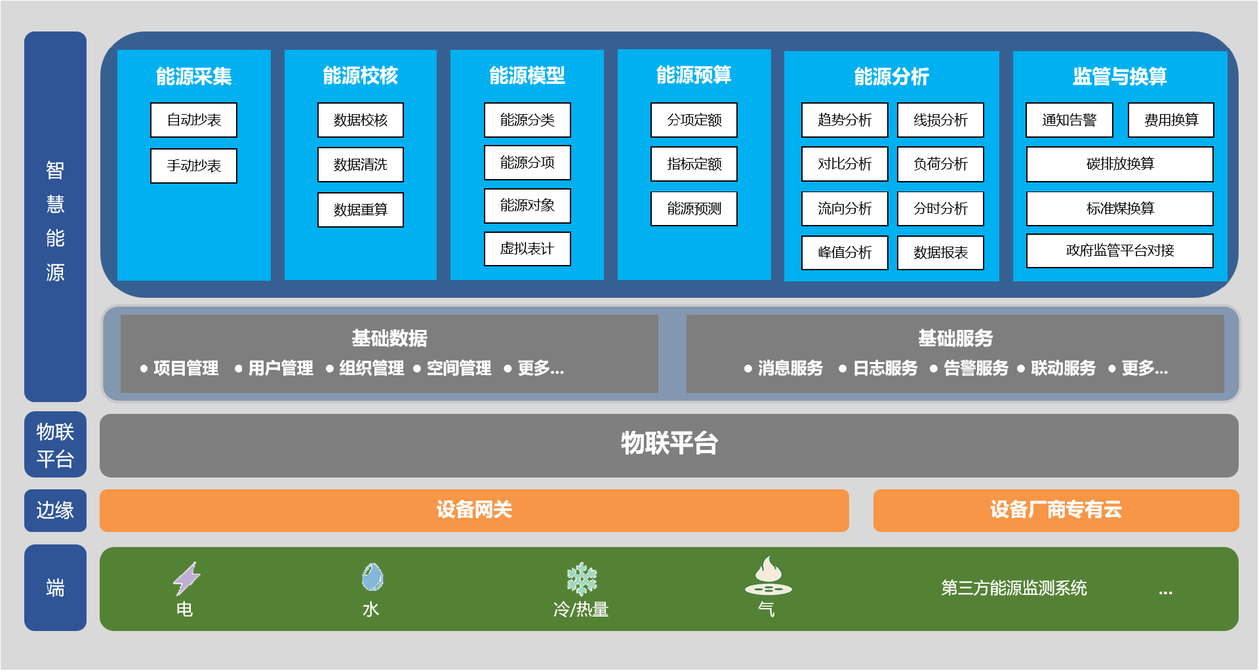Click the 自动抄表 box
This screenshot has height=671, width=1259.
[193, 120]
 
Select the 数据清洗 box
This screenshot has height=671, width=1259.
[360, 164]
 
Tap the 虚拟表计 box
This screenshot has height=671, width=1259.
[527, 249]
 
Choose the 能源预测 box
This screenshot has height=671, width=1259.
[694, 209]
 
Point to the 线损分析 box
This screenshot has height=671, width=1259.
[940, 120]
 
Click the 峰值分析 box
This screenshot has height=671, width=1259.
[845, 253]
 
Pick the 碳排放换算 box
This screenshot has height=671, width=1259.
[1119, 164]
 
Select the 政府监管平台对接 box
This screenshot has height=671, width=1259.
[1119, 251]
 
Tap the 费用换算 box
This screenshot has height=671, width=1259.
[1170, 120]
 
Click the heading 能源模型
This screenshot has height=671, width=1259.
[527, 75]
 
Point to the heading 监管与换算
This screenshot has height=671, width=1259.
[1119, 76]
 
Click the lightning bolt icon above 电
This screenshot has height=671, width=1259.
[186, 579]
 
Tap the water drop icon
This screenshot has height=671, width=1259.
[372, 577]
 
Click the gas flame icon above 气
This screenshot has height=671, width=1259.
[768, 576]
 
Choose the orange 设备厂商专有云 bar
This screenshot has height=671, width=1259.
[1056, 510]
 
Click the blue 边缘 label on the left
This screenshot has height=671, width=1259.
[55, 510]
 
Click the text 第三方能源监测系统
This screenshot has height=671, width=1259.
[1014, 588]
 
